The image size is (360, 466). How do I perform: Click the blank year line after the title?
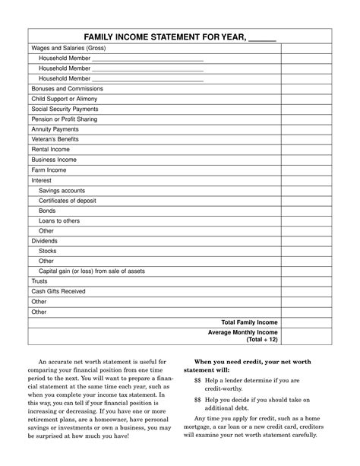point(262,38)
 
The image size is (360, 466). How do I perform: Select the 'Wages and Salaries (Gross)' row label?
point(68,48)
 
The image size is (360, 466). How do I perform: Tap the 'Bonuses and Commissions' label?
point(67,89)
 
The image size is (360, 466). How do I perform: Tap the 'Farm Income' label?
point(49,170)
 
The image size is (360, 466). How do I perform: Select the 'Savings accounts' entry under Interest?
point(62,191)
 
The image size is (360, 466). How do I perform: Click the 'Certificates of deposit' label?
point(69,201)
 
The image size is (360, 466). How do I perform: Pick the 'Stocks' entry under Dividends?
point(48,251)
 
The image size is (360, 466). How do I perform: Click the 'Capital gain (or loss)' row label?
point(91,271)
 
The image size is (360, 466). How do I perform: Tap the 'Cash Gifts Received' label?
point(58,291)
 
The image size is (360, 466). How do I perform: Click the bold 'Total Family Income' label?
point(249,322)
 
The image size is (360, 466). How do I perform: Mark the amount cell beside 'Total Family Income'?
point(307,322)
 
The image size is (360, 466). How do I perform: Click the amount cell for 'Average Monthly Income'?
point(307,336)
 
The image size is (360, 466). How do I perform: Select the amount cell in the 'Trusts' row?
point(307,281)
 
